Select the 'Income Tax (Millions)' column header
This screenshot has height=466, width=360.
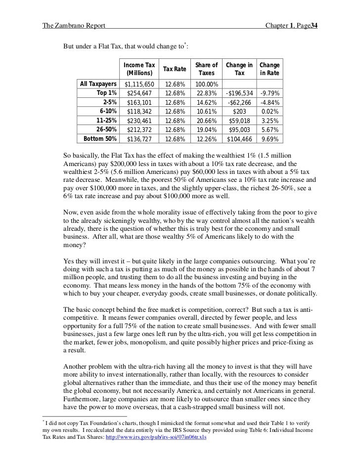pyautogui.click(x=139, y=69)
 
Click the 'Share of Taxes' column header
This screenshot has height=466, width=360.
pyautogui.click(x=206, y=69)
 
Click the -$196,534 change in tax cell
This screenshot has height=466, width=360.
pyautogui.click(x=239, y=93)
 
